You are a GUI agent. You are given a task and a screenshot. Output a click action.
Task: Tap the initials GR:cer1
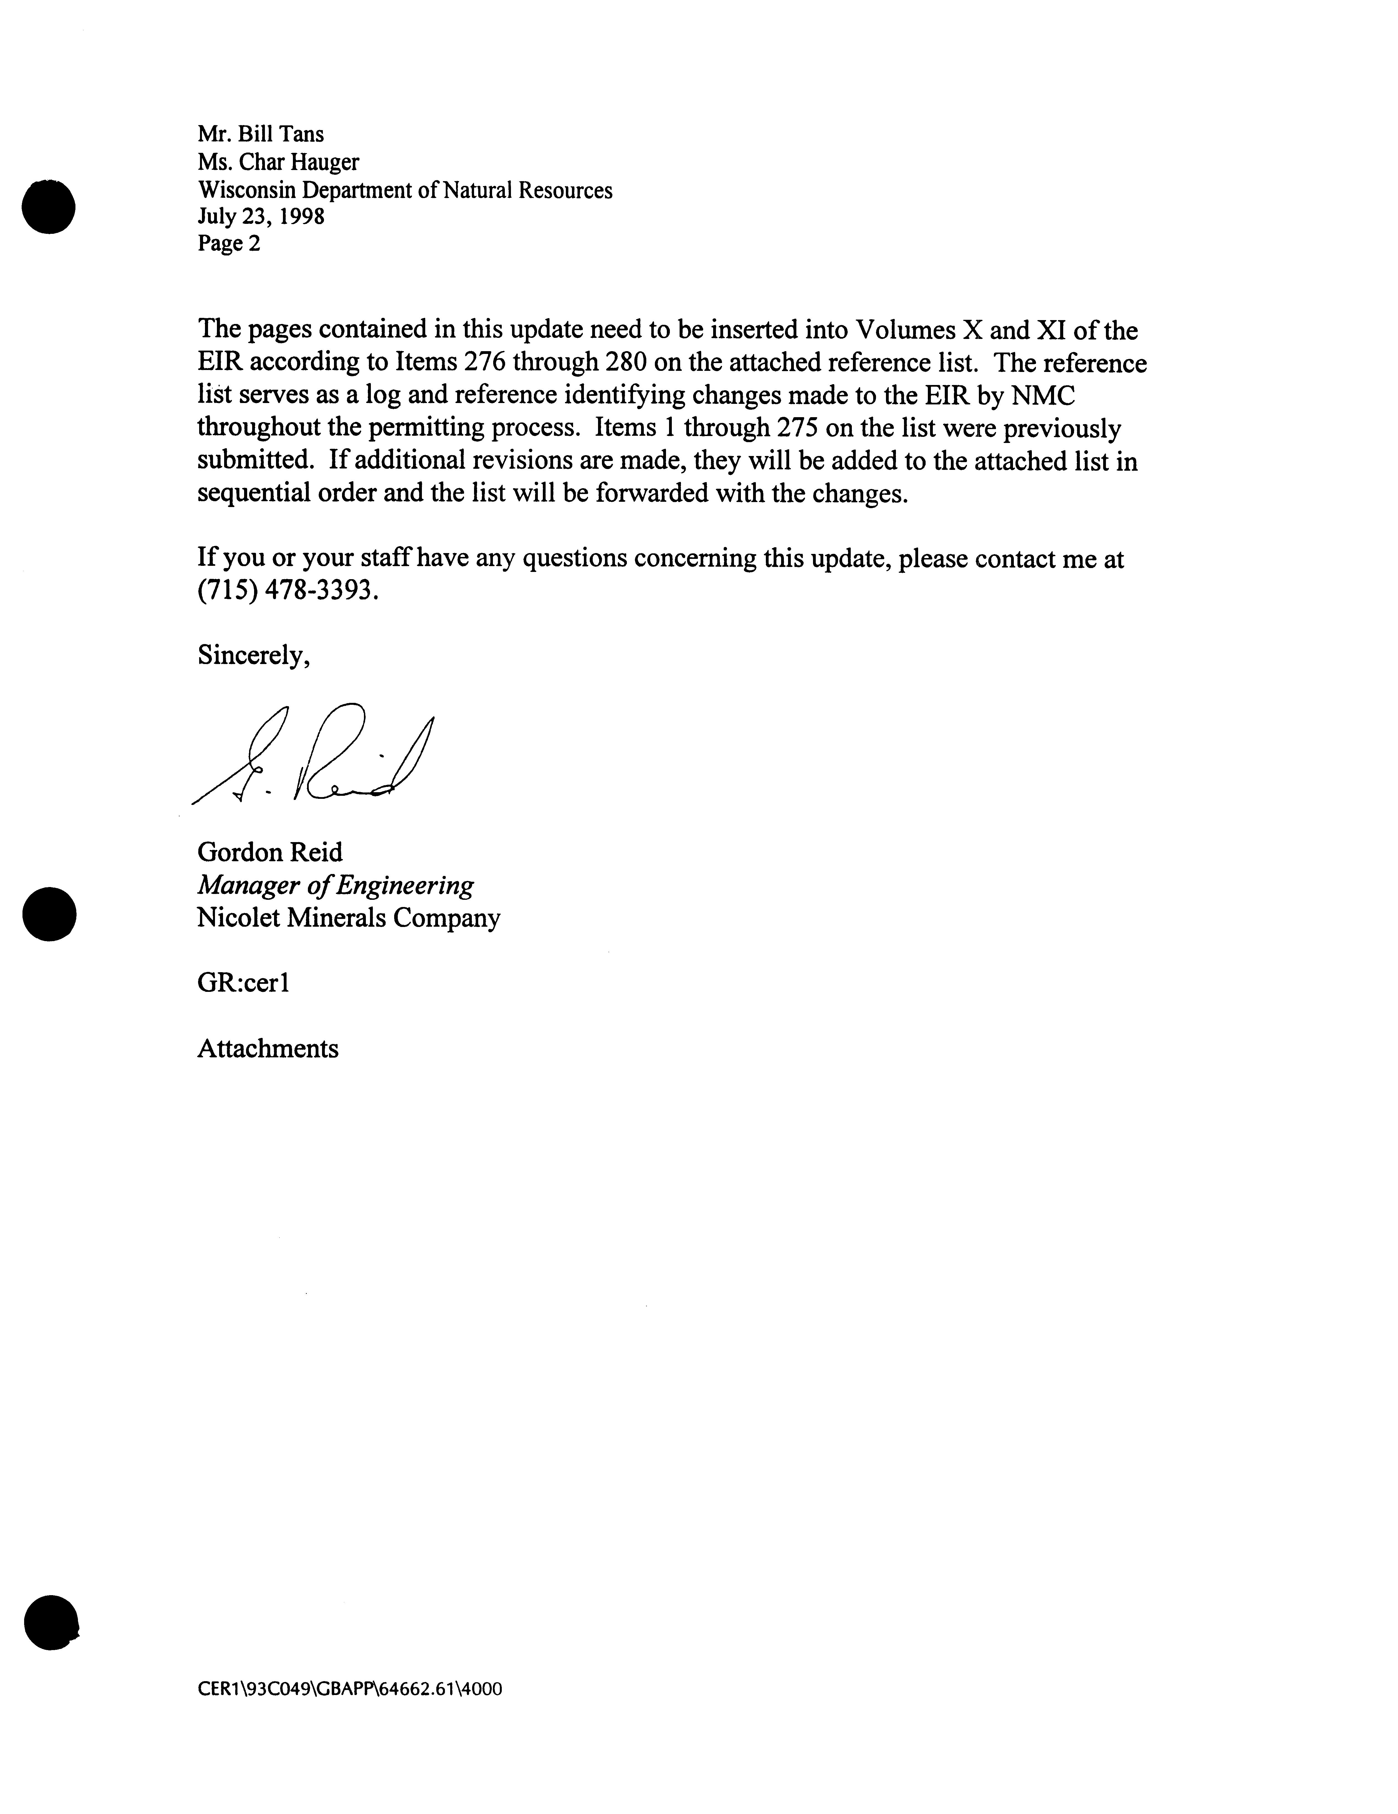(242, 983)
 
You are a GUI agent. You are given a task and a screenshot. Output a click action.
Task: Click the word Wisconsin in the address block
(246, 190)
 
